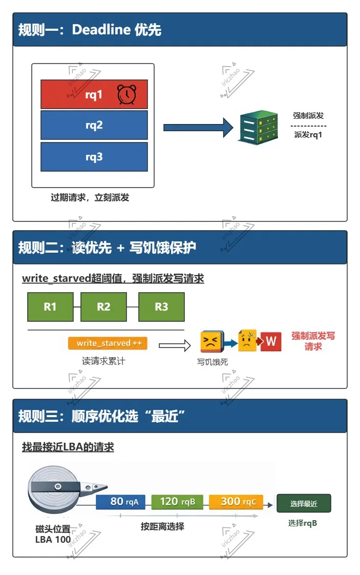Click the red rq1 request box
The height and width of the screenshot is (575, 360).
click(94, 94)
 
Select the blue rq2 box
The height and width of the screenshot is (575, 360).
click(94, 125)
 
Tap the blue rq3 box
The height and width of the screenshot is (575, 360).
click(94, 157)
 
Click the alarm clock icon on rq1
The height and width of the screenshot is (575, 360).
click(126, 94)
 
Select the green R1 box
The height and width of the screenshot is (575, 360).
click(50, 306)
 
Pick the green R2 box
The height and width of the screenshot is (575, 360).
click(103, 306)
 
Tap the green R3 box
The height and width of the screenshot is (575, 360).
click(161, 306)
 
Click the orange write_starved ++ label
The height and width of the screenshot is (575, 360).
click(108, 343)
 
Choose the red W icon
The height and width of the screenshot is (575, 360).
click(271, 341)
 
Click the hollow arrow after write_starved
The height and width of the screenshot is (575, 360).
click(174, 346)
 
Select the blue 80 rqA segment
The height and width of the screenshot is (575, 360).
click(123, 502)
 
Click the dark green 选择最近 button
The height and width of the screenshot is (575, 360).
click(304, 503)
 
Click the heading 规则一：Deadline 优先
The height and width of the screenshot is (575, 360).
click(90, 30)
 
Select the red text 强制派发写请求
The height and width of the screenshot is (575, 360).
click(313, 341)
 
